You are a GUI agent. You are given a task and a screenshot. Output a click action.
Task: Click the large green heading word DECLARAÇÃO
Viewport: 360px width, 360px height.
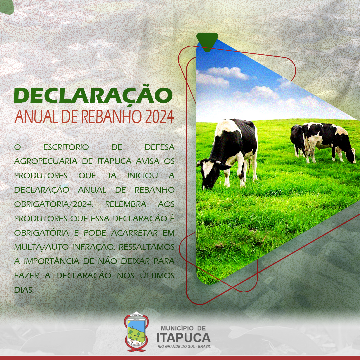tap(93, 96)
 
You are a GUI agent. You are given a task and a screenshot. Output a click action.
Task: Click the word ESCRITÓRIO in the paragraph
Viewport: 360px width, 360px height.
tap(66, 147)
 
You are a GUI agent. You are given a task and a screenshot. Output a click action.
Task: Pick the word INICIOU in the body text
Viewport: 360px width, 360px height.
tap(143, 176)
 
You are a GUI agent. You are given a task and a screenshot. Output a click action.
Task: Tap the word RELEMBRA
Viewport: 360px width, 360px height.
tap(126, 204)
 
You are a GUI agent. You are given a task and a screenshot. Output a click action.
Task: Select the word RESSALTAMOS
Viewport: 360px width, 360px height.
tap(147, 247)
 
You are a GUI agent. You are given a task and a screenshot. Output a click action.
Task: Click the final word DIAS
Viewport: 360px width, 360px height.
tap(24, 290)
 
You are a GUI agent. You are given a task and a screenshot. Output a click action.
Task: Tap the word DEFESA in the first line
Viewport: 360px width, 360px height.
tap(160, 147)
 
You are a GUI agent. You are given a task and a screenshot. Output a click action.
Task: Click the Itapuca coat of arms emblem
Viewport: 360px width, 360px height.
tap(137, 331)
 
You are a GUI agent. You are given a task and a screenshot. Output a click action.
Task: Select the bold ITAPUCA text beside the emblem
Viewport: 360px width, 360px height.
tap(183, 337)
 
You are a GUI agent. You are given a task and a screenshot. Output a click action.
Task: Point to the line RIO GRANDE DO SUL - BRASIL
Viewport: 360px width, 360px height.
tap(184, 346)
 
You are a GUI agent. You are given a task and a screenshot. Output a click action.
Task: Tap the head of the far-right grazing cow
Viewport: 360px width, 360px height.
tap(350, 156)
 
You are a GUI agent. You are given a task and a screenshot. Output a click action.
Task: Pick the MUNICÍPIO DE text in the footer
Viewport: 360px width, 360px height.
tap(183, 328)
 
